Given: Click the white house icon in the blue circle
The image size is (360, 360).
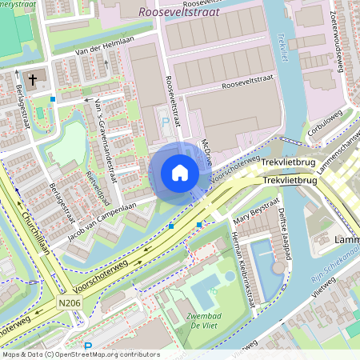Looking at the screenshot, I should pyautogui.click(x=180, y=173).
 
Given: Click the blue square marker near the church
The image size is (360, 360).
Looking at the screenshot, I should pyautogui.click(x=53, y=99).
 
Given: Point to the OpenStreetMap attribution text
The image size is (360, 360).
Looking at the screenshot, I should pyautogui.click(x=80, y=354).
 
